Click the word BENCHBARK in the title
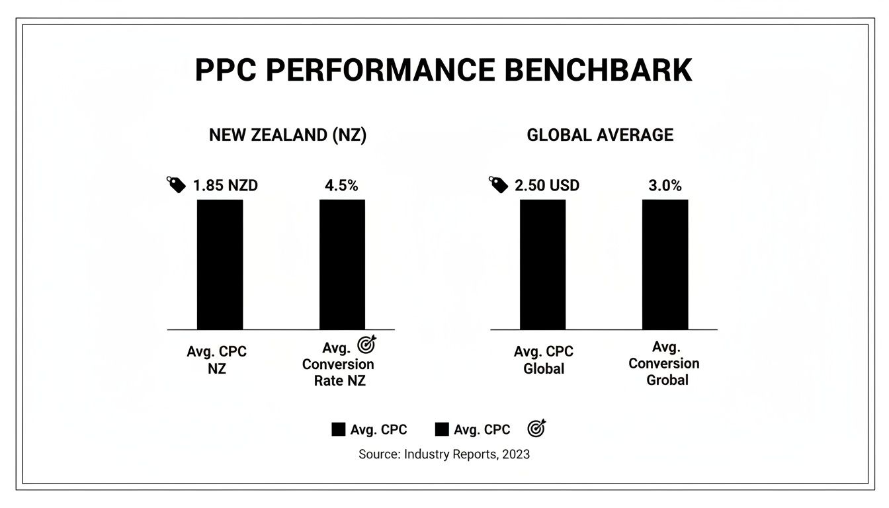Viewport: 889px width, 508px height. click(x=598, y=71)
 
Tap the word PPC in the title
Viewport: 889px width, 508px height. click(x=225, y=71)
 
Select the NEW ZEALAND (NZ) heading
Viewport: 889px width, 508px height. click(x=288, y=135)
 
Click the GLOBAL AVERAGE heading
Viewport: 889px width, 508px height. click(x=600, y=135)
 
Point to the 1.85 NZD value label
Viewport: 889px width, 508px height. click(x=225, y=186)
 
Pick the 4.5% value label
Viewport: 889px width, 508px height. click(x=341, y=186)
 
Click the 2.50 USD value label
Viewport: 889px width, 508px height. click(x=546, y=186)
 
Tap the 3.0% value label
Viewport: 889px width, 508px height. click(x=665, y=186)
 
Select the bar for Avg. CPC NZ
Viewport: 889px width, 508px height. click(x=220, y=264)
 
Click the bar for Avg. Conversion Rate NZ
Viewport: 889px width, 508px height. click(x=342, y=264)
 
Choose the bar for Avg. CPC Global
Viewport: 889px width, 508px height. click(x=542, y=264)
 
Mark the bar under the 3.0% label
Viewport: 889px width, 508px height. click(x=665, y=264)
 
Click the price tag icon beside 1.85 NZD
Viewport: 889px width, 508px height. click(x=176, y=185)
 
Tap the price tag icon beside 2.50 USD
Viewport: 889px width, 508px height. click(x=499, y=185)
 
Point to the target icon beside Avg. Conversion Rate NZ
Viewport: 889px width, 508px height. click(x=366, y=345)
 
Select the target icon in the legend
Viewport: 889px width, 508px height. click(x=536, y=429)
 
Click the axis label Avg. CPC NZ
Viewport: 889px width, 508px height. click(x=217, y=360)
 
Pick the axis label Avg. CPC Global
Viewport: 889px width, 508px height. click(x=544, y=360)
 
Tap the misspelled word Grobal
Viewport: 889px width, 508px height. click(x=667, y=380)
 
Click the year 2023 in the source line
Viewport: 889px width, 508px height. click(x=516, y=454)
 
